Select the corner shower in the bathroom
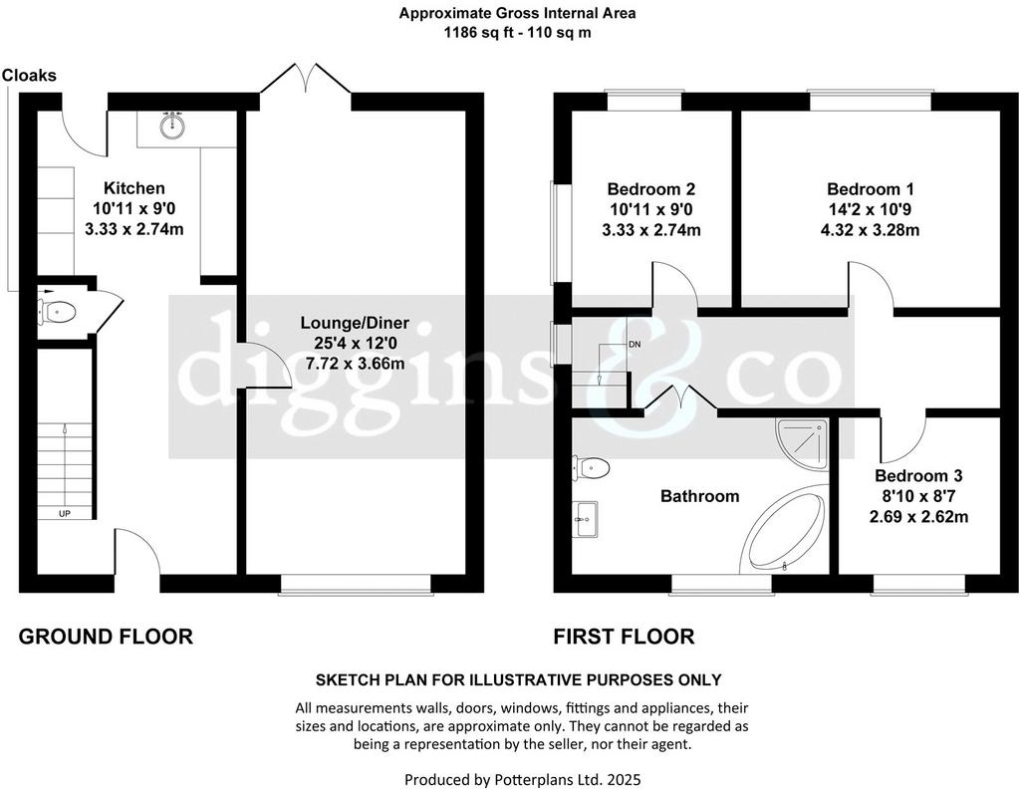pyautogui.click(x=802, y=443)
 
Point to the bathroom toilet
pyautogui.click(x=591, y=467)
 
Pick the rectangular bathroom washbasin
pyautogui.click(x=586, y=519)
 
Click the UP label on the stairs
pyautogui.click(x=65, y=514)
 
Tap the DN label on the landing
pyautogui.click(x=635, y=344)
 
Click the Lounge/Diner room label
pyautogui.click(x=355, y=323)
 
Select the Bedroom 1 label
pyautogui.click(x=871, y=189)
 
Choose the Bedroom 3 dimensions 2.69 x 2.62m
pyautogui.click(x=918, y=517)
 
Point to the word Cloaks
pyautogui.click(x=29, y=76)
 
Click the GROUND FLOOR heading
pyautogui.click(x=106, y=637)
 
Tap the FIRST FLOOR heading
pyautogui.click(x=624, y=637)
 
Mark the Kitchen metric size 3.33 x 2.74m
pyautogui.click(x=134, y=229)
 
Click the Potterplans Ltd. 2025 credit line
pyautogui.click(x=522, y=779)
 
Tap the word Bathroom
pyautogui.click(x=700, y=496)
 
